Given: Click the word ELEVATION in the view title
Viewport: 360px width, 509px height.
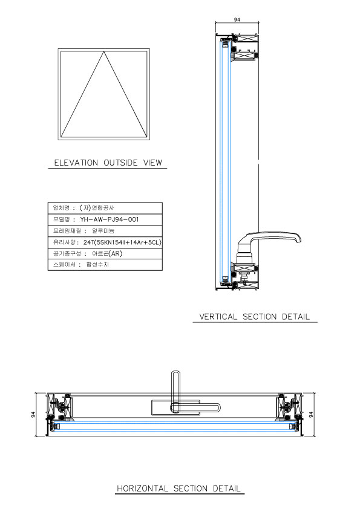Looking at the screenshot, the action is click(x=76, y=163).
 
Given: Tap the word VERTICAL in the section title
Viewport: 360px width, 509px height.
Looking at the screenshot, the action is click(x=218, y=317).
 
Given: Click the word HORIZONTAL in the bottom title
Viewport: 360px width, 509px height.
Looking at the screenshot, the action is click(x=142, y=488).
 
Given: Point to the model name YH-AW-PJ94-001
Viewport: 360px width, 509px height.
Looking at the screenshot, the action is click(x=110, y=219).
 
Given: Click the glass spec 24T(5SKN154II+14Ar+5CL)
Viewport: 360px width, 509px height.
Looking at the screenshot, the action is click(x=122, y=242).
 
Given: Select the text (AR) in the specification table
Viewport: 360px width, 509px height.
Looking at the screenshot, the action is click(x=116, y=253).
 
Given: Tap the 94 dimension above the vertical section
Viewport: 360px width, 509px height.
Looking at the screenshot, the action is click(x=237, y=19).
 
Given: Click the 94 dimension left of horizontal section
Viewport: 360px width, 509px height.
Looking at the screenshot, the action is click(x=33, y=415).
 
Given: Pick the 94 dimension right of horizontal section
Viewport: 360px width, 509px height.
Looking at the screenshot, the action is click(x=311, y=415).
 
